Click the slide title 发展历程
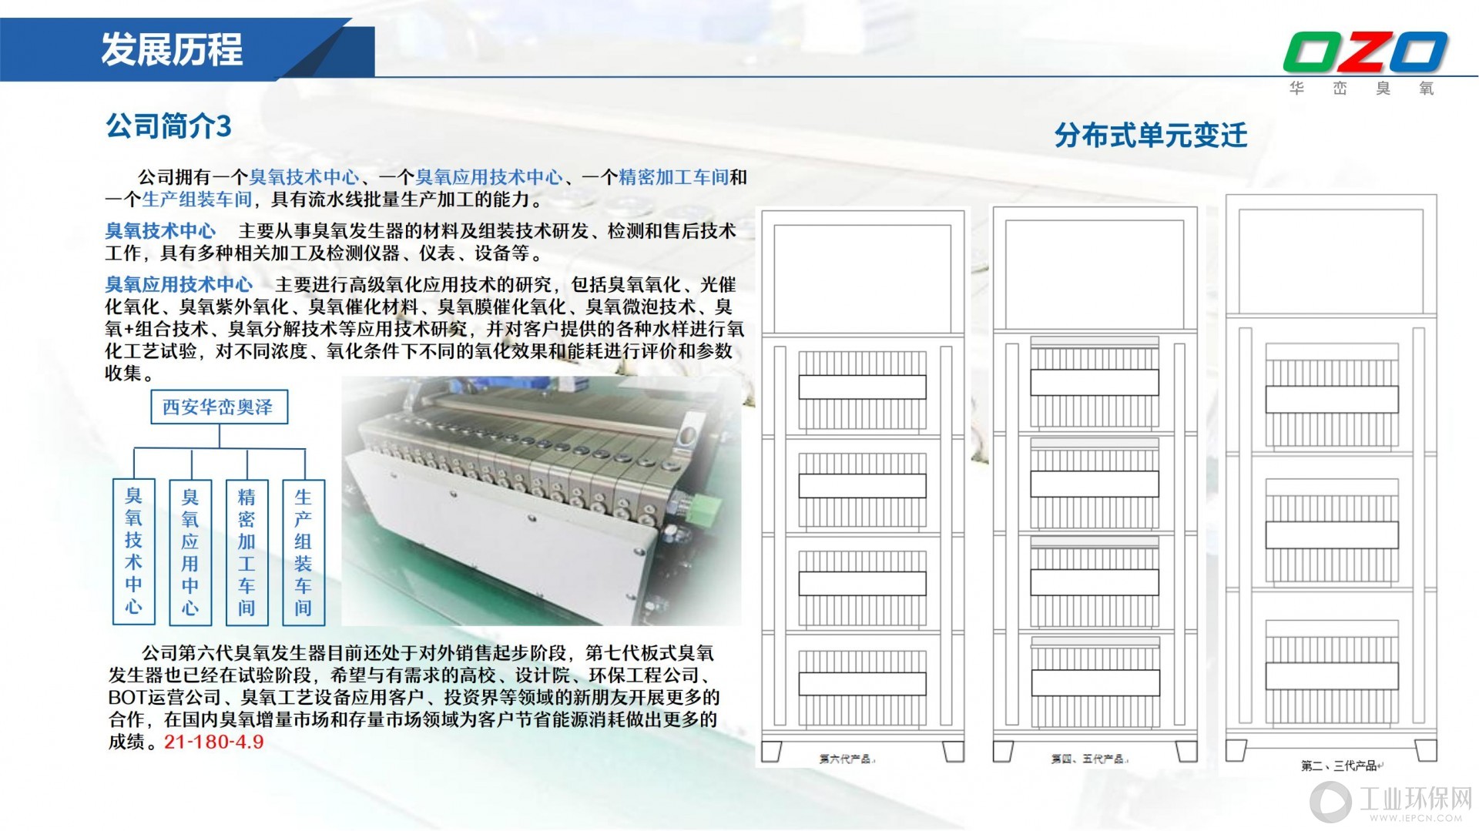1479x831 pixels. [172, 49]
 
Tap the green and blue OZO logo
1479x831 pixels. [1365, 52]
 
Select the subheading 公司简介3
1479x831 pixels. [168, 126]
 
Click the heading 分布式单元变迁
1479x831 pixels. [1150, 135]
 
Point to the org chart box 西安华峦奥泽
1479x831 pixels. [219, 407]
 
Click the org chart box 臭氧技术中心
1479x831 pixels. [134, 551]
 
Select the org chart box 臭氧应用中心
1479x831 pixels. [190, 551]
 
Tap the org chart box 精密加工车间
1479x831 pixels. [246, 551]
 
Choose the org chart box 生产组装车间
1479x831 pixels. [304, 551]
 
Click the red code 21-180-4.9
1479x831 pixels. [214, 742]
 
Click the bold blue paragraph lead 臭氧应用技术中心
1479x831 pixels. [179, 285]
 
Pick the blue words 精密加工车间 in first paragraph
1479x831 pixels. [673, 177]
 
